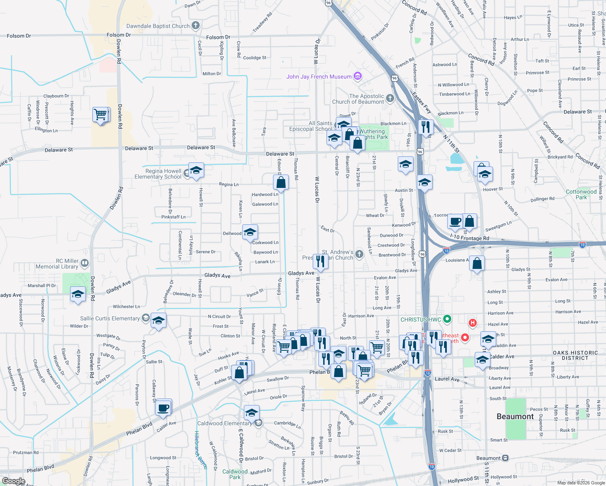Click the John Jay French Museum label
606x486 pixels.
(319, 77)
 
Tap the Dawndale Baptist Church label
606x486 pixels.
(158, 26)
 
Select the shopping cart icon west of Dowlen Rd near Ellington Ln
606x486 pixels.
(101, 115)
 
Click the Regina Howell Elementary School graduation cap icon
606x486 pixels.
(196, 171)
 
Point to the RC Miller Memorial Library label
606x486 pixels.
(57, 264)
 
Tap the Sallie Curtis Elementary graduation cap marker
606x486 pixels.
(158, 320)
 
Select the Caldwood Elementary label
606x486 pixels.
(224, 423)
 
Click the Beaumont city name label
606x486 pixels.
(515, 416)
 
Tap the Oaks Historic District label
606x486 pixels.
(575, 355)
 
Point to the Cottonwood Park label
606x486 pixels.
(581, 194)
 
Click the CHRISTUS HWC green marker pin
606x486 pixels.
(447, 319)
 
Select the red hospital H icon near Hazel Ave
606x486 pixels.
(472, 323)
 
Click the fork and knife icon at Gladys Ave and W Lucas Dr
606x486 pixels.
(320, 262)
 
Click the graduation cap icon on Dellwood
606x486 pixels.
(250, 232)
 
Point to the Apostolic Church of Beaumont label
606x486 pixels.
(358, 99)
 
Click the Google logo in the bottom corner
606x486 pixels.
(13, 481)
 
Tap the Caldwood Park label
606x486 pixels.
(235, 474)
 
